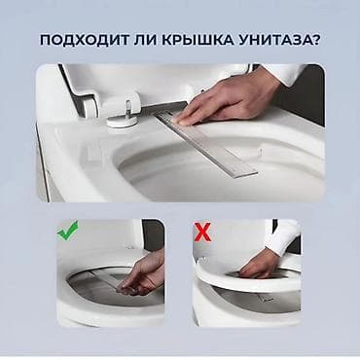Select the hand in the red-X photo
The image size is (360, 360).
(x=260, y=262)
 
